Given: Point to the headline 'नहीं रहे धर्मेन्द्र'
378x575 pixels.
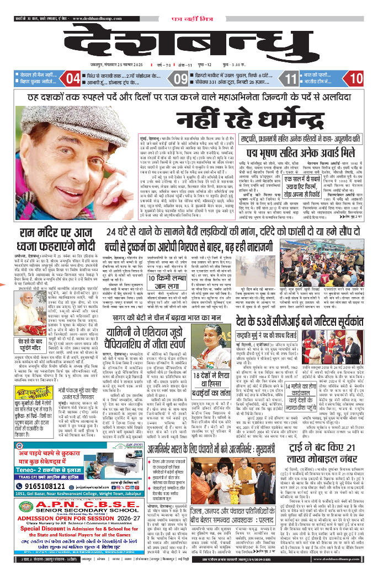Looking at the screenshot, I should point(189,116).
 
